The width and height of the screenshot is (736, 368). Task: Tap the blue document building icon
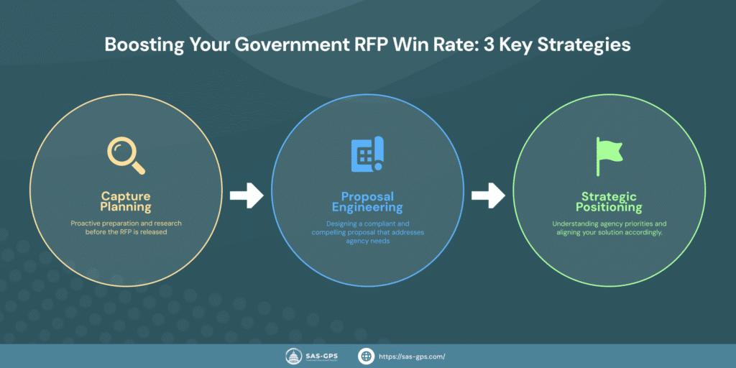[367, 155]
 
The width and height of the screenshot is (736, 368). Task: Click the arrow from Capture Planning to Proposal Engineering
[246, 195]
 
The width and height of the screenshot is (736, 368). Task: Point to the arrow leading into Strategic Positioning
[489, 195]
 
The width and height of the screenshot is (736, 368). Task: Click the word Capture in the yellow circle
[126, 195]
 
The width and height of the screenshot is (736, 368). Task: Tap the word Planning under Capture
[126, 208]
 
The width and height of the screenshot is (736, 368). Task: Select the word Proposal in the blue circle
[367, 195]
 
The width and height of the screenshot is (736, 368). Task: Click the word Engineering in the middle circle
[367, 208]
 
